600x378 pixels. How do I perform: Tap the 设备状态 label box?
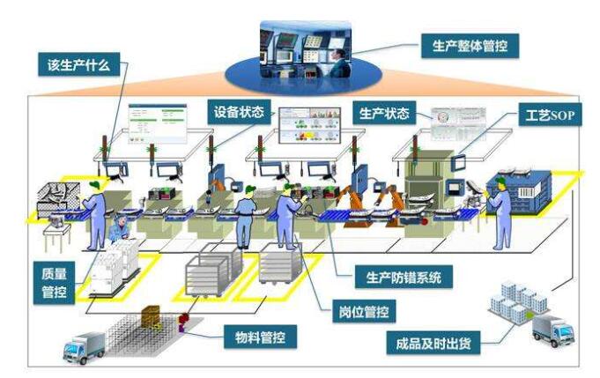pos(240,114)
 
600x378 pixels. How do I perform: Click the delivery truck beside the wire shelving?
pos(84,346)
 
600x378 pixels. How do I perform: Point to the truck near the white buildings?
pos(552,330)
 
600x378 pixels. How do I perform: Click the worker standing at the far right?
pos(500,212)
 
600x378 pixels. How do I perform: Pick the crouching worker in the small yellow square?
pos(118,232)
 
